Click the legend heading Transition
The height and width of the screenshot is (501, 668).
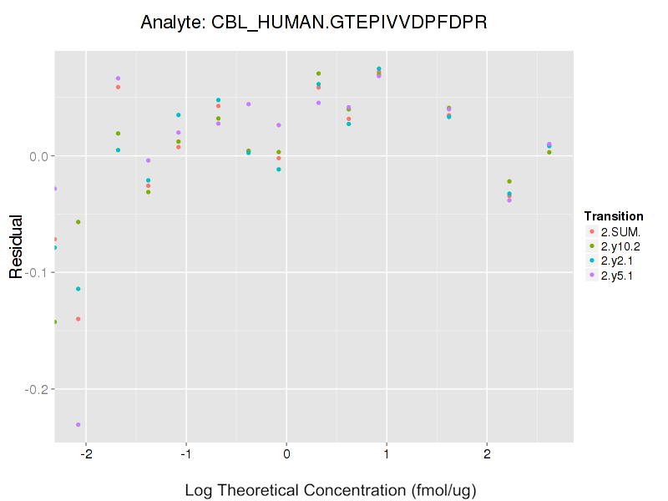(613, 216)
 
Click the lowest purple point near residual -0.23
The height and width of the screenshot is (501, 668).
(78, 425)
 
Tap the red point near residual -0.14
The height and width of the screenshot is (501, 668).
(78, 319)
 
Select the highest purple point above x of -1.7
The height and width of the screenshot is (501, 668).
(119, 78)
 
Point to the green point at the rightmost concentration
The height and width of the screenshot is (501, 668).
(549, 152)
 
